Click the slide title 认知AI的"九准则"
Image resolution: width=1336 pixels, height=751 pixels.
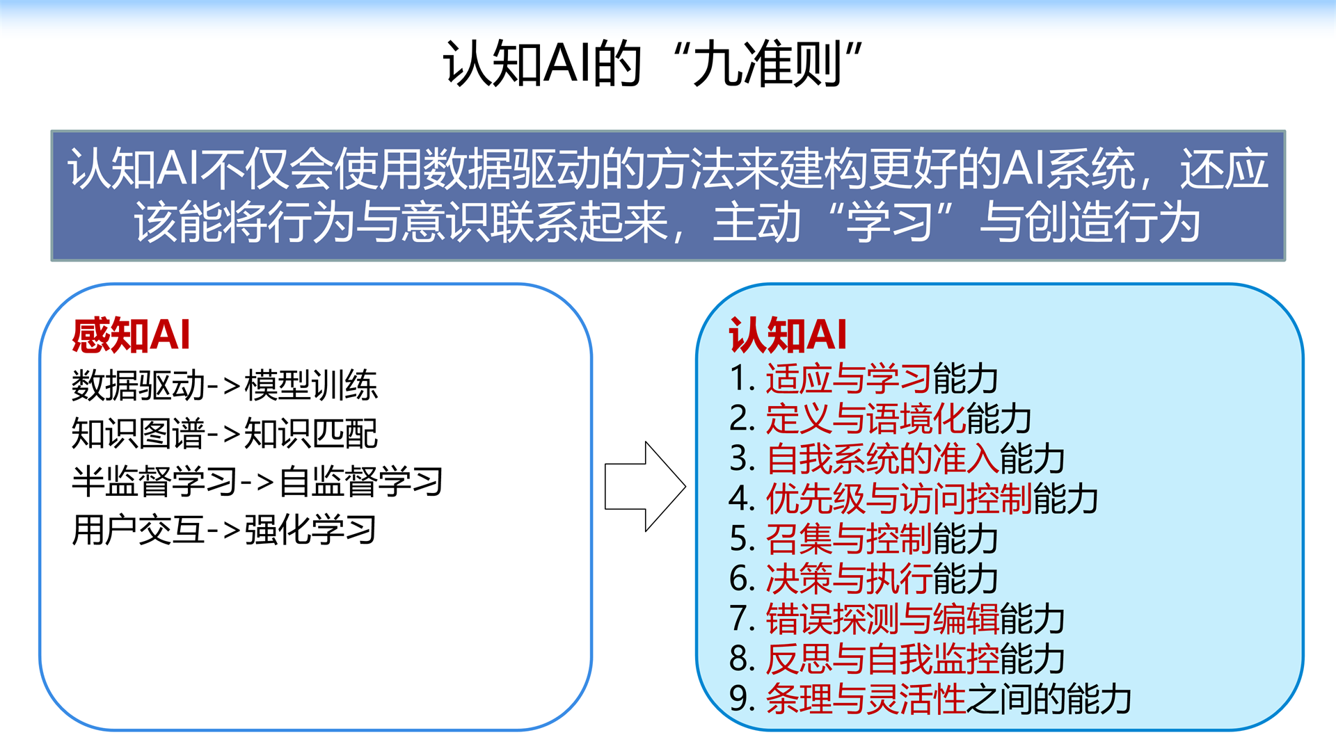tap(653, 63)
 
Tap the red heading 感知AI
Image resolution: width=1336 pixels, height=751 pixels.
tap(131, 335)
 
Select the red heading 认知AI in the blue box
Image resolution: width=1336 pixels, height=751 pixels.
tap(788, 335)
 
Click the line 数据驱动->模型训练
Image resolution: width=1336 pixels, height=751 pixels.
tap(224, 385)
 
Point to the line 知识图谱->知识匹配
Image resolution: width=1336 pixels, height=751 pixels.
tap(224, 433)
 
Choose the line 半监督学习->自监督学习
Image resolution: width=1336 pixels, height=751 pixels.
tap(257, 481)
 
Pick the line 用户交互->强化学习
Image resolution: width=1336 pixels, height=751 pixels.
tap(224, 530)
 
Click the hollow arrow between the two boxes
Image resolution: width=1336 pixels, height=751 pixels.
tap(645, 487)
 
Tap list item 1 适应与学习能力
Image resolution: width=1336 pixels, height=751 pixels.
tap(864, 379)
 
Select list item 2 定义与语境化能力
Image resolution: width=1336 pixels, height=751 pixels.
tap(880, 419)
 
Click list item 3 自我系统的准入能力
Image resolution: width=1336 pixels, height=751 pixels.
tap(897, 459)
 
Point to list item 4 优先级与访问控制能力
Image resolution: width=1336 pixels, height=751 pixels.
tap(914, 499)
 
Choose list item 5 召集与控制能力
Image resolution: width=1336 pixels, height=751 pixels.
tap(864, 539)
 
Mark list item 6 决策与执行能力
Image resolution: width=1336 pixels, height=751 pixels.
tap(864, 579)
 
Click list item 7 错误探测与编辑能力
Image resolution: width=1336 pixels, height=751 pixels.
tap(897, 619)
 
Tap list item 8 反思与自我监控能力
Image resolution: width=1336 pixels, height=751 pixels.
tap(897, 659)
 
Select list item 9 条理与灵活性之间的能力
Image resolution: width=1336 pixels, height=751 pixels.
tap(930, 699)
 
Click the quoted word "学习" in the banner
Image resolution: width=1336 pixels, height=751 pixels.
tap(891, 223)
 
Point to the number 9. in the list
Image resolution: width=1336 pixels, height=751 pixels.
tap(742, 698)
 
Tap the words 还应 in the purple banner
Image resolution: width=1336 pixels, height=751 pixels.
tap(1225, 169)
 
